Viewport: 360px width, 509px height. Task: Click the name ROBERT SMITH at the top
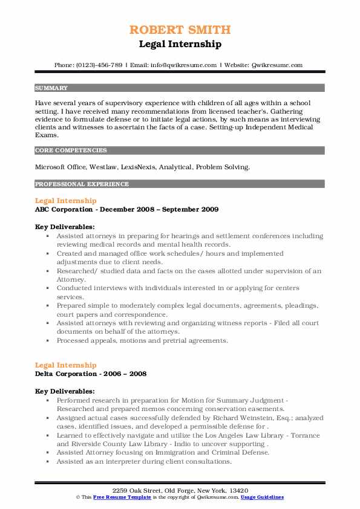pyautogui.click(x=180, y=30)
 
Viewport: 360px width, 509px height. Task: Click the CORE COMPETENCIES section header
pyautogui.click(x=71, y=150)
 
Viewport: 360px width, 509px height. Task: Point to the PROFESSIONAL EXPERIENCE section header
pyautogui.click(x=82, y=184)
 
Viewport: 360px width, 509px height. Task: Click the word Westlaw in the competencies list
pyautogui.click(x=102, y=166)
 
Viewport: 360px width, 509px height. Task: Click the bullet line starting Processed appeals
pyautogui.click(x=142, y=340)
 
